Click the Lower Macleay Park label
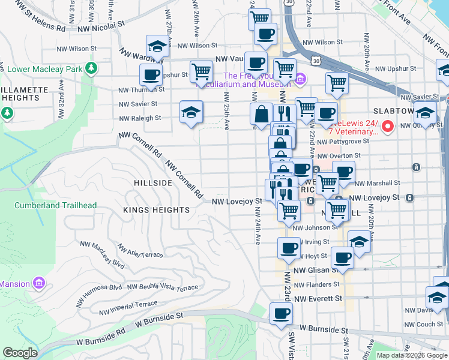(x=44, y=69)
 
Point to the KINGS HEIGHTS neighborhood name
(x=156, y=210)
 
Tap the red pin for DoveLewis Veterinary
(x=388, y=126)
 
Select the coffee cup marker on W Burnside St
(x=280, y=313)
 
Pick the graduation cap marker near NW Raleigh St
(x=191, y=112)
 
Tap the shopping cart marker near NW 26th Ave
(x=202, y=71)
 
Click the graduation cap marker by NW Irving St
(x=359, y=242)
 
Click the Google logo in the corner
(x=20, y=353)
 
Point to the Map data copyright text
(x=412, y=355)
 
